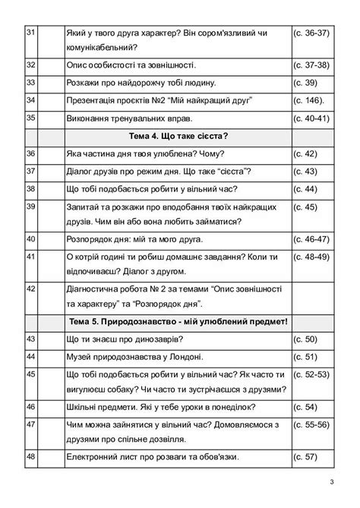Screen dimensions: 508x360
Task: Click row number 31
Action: click(31, 33)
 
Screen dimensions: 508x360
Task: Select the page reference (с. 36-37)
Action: click(311, 33)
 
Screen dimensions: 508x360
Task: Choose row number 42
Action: click(31, 289)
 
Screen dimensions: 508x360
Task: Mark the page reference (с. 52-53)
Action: click(311, 374)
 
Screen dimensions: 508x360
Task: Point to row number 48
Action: click(31, 456)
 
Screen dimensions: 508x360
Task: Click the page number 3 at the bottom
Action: click(331, 482)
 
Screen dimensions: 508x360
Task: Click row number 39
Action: click(31, 206)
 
